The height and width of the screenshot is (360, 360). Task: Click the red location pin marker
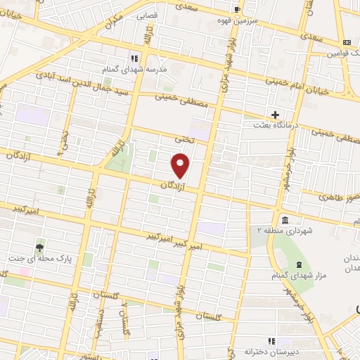tap(181, 166)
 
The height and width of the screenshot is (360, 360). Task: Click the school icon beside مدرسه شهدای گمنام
tap(134, 58)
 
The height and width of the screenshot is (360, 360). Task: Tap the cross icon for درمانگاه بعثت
tap(275, 114)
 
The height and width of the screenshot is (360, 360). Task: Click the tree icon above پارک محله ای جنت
tap(40, 247)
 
